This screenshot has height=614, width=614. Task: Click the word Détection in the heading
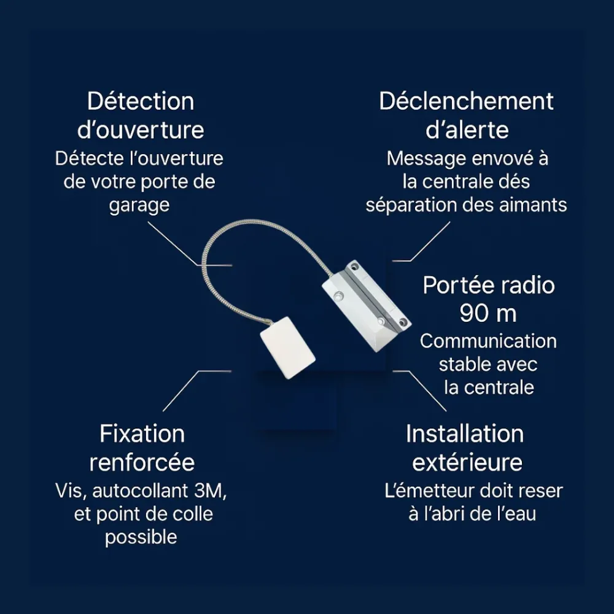pyautogui.click(x=141, y=101)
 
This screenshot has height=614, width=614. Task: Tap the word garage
pyautogui.click(x=139, y=206)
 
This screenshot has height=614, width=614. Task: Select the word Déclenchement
pyautogui.click(x=467, y=101)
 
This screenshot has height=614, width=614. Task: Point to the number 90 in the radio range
pyautogui.click(x=474, y=313)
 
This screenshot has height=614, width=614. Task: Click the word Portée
pyautogui.click(x=456, y=285)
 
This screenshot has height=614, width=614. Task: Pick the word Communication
pyautogui.click(x=488, y=341)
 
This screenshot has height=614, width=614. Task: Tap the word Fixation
pyautogui.click(x=142, y=434)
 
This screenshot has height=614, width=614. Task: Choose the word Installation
pyautogui.click(x=465, y=434)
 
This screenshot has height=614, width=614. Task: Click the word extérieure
pyautogui.click(x=467, y=462)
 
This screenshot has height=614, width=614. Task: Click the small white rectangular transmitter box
pyautogui.click(x=288, y=348)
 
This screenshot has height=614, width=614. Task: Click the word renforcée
pyautogui.click(x=142, y=462)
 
